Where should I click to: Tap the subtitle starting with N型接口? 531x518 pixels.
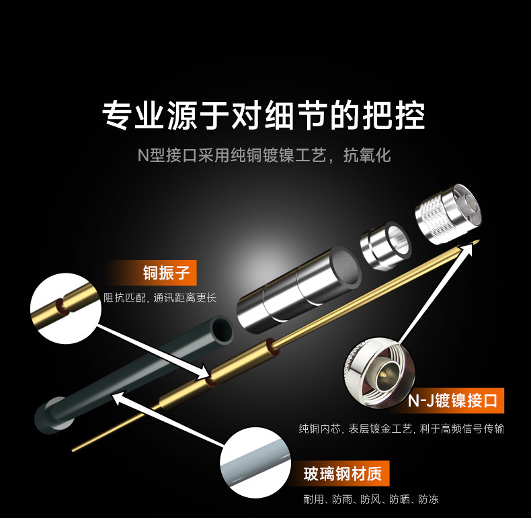tap(263, 156)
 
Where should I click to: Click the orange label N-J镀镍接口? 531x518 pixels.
tap(453, 401)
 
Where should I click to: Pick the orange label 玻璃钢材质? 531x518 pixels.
tap(341, 475)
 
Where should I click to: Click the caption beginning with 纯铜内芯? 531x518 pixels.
tap(401, 429)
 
